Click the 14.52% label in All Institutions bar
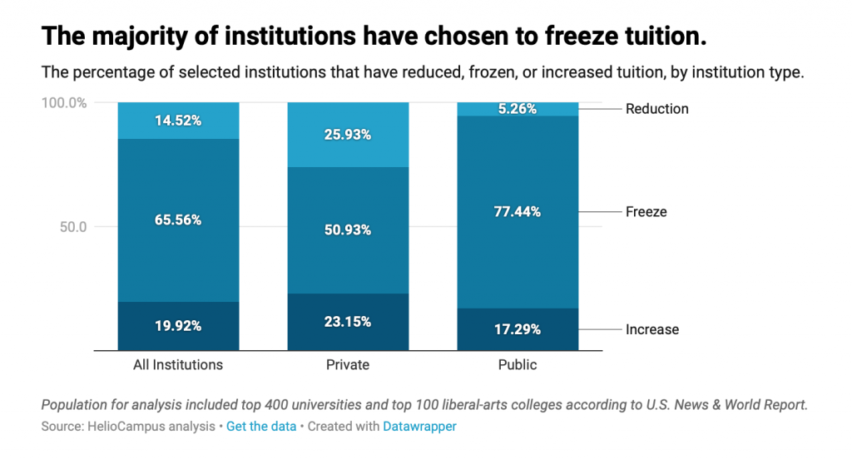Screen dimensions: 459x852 coord(178,121)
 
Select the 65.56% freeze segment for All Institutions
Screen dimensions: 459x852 coord(178,220)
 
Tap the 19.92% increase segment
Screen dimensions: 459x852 coord(178,326)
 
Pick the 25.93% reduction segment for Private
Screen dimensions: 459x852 coord(348,135)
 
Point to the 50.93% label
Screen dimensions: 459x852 coord(348,230)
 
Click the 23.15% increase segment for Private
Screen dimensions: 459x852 coord(348,322)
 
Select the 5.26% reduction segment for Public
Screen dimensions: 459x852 coord(518,109)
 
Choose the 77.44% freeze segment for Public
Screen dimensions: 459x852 coord(518,212)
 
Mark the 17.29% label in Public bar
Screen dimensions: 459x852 coord(518,329)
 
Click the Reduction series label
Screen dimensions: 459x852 coord(656,109)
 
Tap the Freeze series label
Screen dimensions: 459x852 coord(646,212)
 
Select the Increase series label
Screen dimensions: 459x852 coord(651,329)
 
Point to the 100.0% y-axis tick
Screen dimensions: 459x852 coord(64,103)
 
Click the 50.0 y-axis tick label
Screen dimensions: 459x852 coord(72,227)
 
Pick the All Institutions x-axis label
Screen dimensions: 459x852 coord(178,364)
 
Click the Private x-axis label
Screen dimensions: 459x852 coord(348,364)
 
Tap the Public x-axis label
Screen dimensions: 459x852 coord(518,364)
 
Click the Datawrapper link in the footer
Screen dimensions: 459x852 coord(419,427)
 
